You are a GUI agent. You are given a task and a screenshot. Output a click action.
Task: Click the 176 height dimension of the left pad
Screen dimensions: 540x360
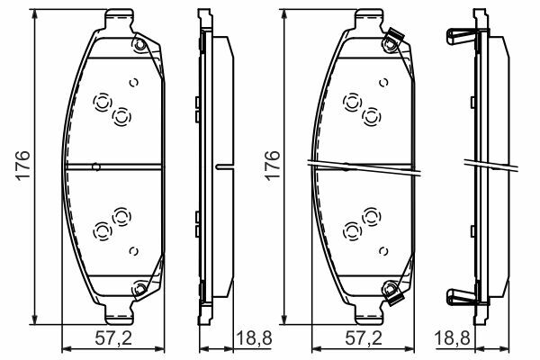tap(23, 165)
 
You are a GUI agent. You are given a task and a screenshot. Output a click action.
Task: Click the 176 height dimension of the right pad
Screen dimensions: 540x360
tap(273, 165)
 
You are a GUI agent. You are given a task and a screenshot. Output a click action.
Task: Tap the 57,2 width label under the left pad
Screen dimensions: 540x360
tap(113, 338)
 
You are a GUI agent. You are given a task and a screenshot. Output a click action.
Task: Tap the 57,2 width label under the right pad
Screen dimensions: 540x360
tap(364, 338)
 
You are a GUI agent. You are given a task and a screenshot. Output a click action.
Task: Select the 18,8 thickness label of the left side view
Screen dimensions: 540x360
tap(254, 338)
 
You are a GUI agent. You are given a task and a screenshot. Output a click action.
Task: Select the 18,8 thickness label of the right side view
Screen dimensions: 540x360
tap(452, 338)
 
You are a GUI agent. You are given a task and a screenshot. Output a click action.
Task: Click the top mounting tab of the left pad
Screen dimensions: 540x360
tap(119, 20)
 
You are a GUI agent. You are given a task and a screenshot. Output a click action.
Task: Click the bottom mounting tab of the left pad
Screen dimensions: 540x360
tap(119, 314)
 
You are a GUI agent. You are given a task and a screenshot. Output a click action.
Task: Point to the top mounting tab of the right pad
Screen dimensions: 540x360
tap(369, 20)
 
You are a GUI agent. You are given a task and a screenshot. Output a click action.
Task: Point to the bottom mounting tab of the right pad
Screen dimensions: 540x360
tap(369, 314)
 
